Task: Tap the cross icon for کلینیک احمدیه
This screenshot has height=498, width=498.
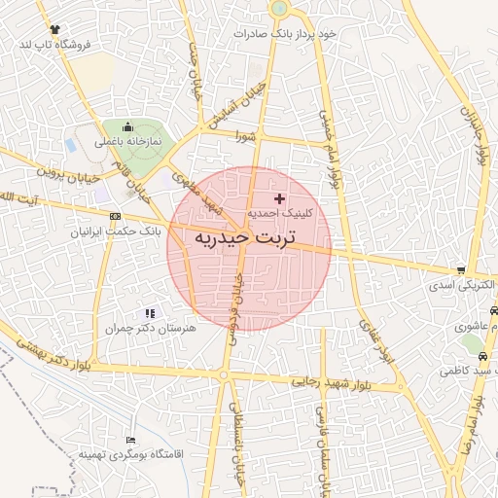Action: click(x=280, y=198)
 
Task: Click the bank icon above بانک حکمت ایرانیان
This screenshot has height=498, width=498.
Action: click(x=116, y=216)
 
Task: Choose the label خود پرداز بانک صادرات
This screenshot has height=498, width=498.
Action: click(x=286, y=33)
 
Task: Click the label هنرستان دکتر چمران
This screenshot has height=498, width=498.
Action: click(x=151, y=329)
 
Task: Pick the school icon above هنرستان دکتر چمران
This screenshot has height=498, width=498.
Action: click(x=150, y=313)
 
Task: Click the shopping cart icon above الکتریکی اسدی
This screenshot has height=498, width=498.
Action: click(x=461, y=270)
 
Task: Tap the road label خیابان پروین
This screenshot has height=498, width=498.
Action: click(x=69, y=172)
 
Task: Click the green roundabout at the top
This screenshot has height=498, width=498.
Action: click(x=279, y=8)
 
